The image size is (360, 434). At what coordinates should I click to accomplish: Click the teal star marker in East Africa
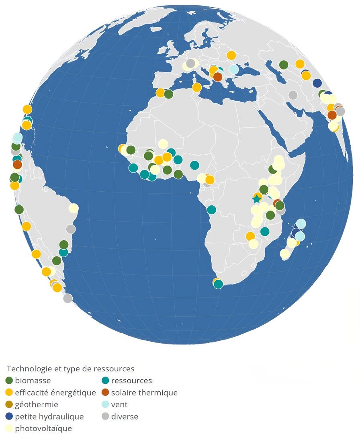[x=256, y=199]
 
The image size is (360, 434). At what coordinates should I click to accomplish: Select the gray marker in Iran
[x=293, y=95]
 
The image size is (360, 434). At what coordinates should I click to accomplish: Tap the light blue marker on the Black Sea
[x=234, y=70]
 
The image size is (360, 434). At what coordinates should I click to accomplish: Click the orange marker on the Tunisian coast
[x=196, y=87]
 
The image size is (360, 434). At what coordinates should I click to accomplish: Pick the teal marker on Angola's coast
[x=211, y=209]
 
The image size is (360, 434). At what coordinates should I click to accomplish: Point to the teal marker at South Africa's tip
[x=218, y=285]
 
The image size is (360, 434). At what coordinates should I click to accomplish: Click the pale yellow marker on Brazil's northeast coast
[x=74, y=208]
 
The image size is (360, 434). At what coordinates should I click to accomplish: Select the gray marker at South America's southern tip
[x=67, y=298]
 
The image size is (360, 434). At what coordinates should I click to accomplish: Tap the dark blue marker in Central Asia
[x=317, y=83]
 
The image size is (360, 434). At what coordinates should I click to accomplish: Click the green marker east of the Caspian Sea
[x=283, y=64]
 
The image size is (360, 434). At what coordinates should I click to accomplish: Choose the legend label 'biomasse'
[x=33, y=381]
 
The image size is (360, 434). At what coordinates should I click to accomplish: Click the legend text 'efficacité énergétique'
[x=55, y=393]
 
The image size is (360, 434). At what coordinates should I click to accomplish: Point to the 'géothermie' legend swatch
[x=9, y=404]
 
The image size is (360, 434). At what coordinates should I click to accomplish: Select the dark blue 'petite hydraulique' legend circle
[x=9, y=416]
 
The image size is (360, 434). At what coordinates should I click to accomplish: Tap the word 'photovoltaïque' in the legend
[x=43, y=428]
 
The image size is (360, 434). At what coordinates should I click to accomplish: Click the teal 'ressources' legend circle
[x=105, y=381]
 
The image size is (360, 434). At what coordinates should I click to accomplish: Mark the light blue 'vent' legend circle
[x=105, y=404]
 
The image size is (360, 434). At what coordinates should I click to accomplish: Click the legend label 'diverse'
[x=125, y=417]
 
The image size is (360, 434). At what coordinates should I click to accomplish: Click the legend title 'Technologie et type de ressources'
[x=71, y=368]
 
